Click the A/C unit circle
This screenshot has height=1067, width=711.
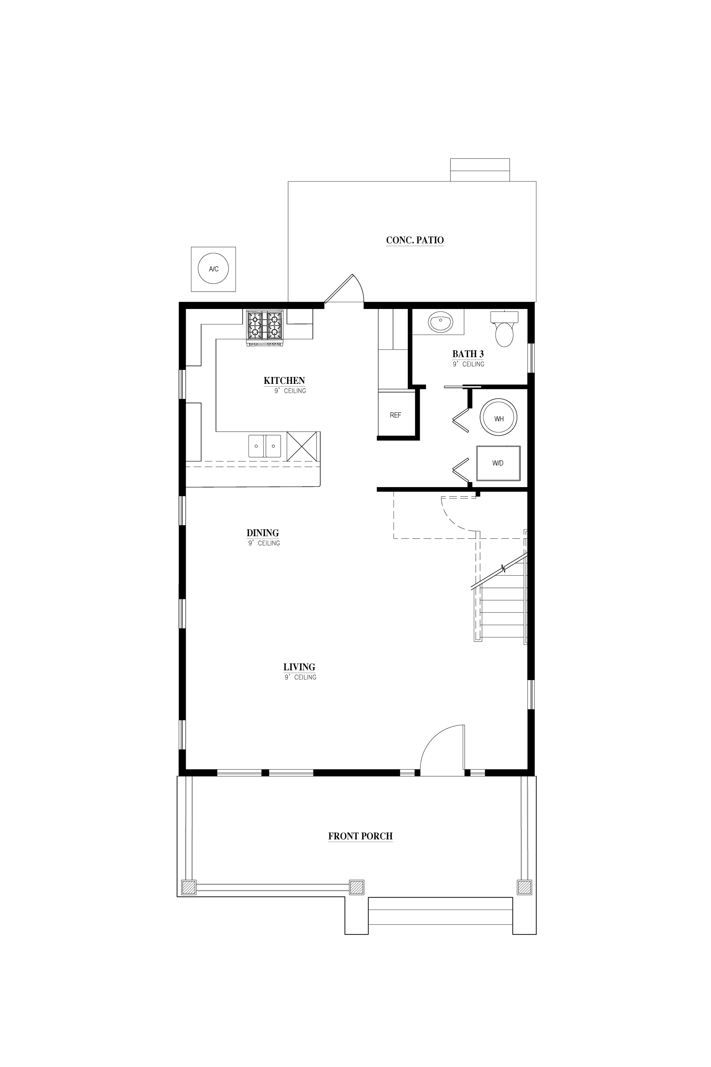click(x=213, y=269)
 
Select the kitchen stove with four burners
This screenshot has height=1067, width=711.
click(x=265, y=328)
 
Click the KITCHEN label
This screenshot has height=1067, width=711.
click(x=284, y=381)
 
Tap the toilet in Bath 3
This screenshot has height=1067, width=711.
click(x=504, y=329)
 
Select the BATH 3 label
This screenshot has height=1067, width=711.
click(x=468, y=354)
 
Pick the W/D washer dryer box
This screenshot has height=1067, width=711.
click(x=498, y=463)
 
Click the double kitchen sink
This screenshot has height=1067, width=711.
click(x=265, y=446)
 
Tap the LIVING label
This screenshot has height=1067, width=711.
click(x=299, y=667)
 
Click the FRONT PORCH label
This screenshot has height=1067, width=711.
click(x=361, y=836)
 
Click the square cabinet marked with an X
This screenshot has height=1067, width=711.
click(x=301, y=446)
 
